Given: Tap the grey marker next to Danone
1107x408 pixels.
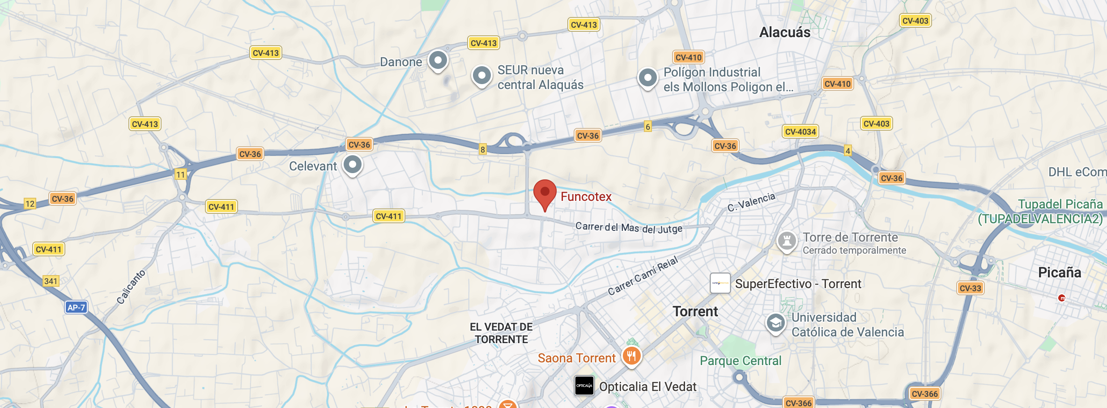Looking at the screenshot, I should click(438, 60).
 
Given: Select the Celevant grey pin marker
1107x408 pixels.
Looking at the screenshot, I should click(353, 165).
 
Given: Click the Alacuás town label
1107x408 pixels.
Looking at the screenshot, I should click(785, 32).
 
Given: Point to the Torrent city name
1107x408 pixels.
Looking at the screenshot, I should click(695, 311).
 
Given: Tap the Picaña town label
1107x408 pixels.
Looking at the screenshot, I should click(1059, 272).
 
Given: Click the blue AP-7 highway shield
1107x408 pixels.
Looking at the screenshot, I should click(76, 307).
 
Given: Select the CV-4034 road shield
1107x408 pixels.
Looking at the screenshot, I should click(800, 132).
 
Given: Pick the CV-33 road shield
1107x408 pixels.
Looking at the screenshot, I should click(970, 288).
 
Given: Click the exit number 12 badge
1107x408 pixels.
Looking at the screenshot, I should click(30, 204).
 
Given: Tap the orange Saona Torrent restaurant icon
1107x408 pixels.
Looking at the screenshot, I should click(631, 357).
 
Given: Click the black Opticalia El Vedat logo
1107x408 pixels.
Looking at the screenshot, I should click(584, 386).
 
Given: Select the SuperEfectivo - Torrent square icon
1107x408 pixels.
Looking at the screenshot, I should click(720, 283).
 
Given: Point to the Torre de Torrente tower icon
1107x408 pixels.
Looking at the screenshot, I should click(787, 241).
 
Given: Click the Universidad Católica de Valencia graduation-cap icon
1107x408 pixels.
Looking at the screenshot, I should click(776, 323).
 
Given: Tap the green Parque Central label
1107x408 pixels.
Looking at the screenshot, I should click(741, 361).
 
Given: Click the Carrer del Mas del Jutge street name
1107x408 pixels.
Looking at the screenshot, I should click(629, 228).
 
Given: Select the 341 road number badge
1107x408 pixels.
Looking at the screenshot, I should click(51, 281).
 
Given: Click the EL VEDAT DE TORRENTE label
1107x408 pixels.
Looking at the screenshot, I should click(501, 333).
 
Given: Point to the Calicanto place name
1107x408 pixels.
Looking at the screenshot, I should click(131, 287).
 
